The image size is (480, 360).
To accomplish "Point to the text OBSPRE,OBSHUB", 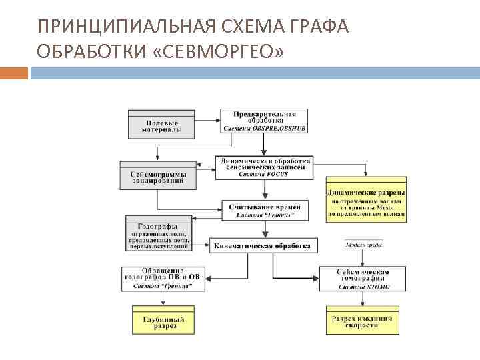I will (x=280, y=127).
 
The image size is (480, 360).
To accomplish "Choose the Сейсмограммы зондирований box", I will (x=158, y=175).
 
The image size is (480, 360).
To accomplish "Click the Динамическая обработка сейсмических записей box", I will (x=264, y=165).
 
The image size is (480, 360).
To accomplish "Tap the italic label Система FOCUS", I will (x=264, y=175).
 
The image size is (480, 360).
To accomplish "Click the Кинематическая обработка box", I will (x=262, y=245).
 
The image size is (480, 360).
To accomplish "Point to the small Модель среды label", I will (x=363, y=245).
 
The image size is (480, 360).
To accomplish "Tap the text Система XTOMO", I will (x=363, y=287).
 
